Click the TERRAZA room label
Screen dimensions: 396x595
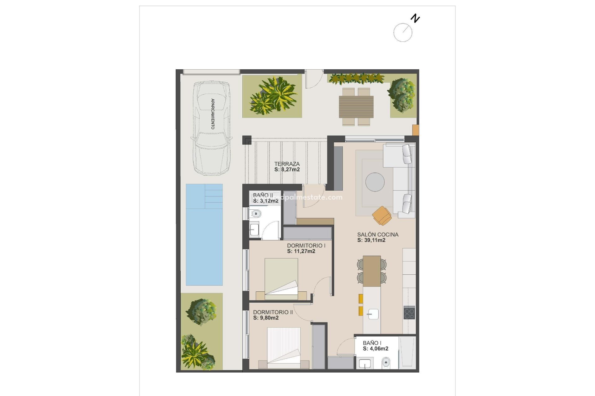[287, 164]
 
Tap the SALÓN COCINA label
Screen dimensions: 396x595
[377, 235]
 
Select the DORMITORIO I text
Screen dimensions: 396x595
[306, 246]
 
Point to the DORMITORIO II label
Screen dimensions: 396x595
[273, 312]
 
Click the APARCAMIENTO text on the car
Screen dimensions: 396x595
[213, 114]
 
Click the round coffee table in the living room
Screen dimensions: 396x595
[375, 182]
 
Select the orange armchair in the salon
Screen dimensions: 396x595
[382, 215]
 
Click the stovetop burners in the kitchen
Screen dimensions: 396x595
[409, 312]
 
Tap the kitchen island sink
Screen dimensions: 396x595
[373, 314]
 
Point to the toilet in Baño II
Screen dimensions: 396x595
[256, 213]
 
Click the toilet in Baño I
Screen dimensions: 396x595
[386, 362]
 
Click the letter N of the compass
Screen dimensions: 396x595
[415, 18]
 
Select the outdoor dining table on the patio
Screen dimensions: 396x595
[356, 107]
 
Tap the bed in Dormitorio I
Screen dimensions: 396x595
[281, 278]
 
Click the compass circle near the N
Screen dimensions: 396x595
[403, 32]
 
